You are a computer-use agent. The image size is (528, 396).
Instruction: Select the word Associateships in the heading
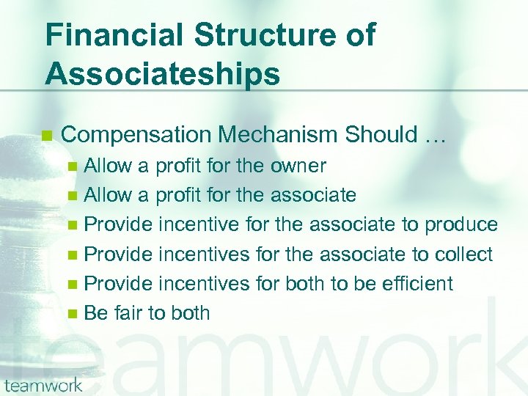click(162, 74)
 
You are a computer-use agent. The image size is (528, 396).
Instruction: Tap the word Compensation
click(136, 135)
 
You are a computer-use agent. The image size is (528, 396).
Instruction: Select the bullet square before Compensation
click(48, 136)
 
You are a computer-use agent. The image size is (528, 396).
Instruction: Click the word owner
click(297, 166)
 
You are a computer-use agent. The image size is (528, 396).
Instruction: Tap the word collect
click(463, 254)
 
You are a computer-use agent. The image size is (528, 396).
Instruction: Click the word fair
click(128, 313)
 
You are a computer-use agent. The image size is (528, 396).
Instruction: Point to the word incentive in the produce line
click(200, 225)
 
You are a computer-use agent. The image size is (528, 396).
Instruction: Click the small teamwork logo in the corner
click(42, 384)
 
